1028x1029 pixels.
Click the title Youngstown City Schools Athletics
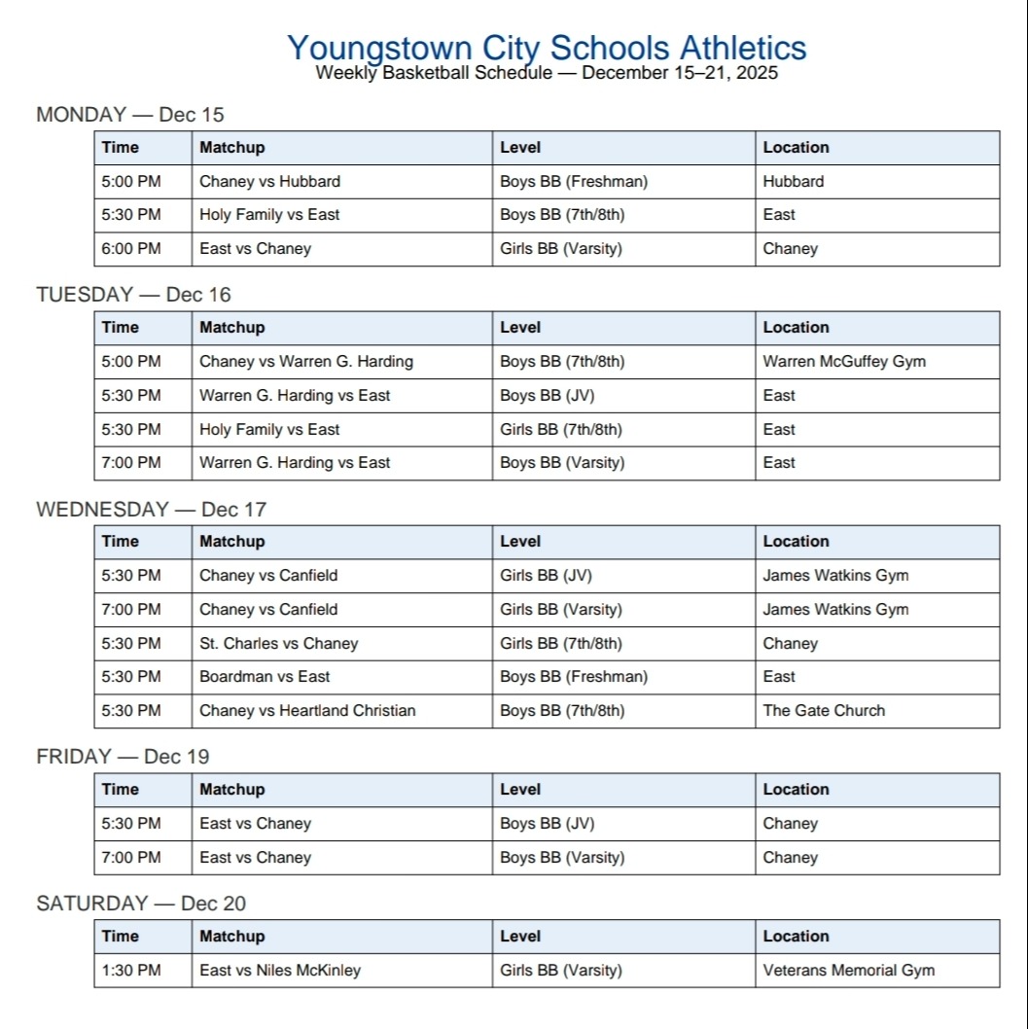point(547,48)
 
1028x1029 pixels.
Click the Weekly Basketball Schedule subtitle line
point(547,73)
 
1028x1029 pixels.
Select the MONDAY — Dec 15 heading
point(129,115)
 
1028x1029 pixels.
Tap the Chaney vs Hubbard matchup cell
point(269,181)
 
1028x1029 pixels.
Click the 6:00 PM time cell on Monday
point(131,248)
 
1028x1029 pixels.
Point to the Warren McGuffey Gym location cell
point(843,361)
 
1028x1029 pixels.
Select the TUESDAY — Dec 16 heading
point(133,295)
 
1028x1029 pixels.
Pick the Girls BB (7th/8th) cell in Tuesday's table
point(560,429)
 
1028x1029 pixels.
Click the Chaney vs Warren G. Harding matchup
point(305,361)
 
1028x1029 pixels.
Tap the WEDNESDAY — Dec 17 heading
point(151,510)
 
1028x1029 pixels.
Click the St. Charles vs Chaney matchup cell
point(278,643)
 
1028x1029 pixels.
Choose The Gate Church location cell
point(823,710)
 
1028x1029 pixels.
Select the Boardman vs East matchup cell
point(265,676)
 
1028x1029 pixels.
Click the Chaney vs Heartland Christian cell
point(307,710)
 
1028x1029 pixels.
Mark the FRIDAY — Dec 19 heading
point(123,757)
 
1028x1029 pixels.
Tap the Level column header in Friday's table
point(520,789)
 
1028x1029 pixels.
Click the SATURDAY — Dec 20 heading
point(141,904)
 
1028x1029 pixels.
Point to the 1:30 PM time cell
point(131,970)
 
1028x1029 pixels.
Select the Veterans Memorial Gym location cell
point(848,970)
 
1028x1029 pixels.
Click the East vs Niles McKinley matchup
point(279,970)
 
